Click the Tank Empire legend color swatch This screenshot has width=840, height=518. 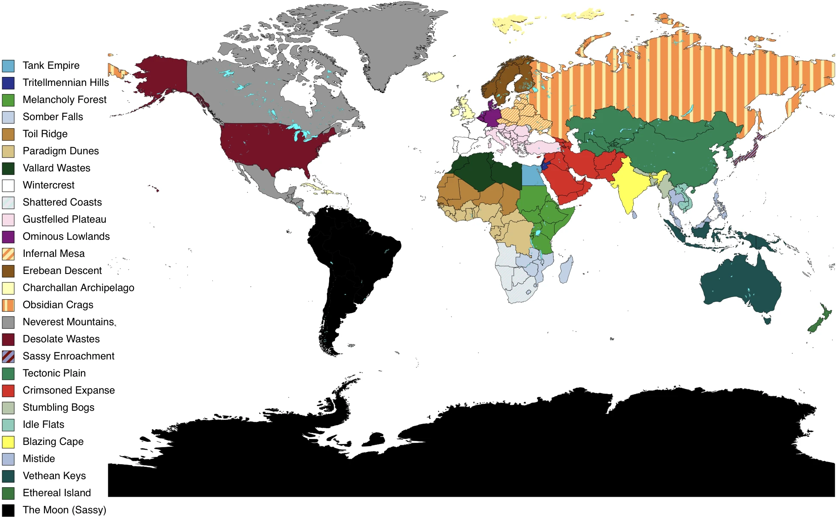[8, 66]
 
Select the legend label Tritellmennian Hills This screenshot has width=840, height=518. [65, 82]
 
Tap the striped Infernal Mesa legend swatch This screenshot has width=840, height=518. [8, 254]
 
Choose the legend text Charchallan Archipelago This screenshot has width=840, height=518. [78, 288]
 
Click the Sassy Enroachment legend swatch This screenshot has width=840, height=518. [8, 356]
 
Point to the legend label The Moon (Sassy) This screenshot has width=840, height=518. [64, 510]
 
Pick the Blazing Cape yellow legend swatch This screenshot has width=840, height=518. [8, 442]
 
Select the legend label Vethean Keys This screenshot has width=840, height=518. [54, 476]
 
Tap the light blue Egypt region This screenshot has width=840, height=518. [532, 175]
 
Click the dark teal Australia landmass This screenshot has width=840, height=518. [740, 286]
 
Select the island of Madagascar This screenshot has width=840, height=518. [566, 269]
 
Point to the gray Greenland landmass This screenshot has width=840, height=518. [385, 43]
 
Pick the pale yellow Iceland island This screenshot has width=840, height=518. [433, 77]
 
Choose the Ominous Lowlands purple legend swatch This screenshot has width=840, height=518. [8, 237]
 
